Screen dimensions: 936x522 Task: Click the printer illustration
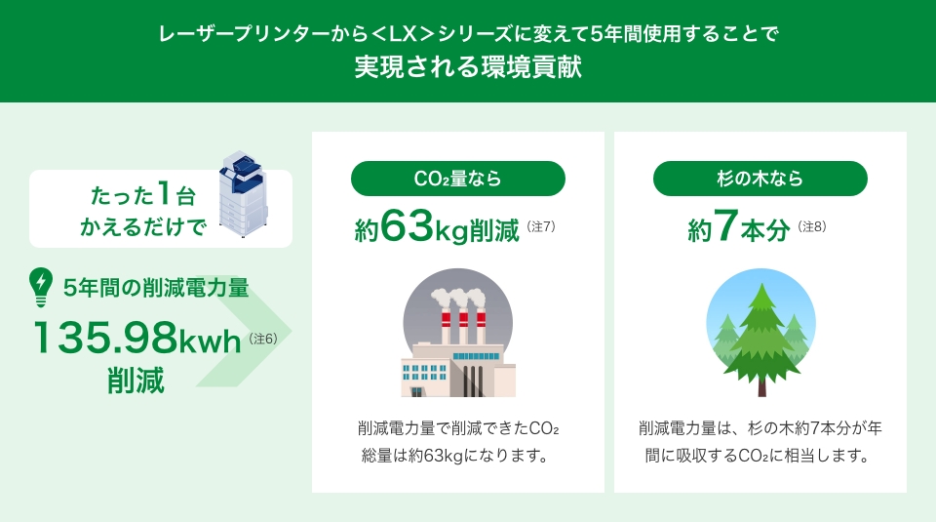click(243, 193)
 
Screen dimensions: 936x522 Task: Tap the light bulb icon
click(41, 287)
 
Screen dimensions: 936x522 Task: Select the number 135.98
click(105, 338)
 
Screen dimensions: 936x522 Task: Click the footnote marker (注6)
click(262, 339)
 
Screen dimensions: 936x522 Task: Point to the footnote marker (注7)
click(541, 226)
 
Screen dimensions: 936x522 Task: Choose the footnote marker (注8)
click(812, 226)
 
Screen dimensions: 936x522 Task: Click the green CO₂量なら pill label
click(458, 179)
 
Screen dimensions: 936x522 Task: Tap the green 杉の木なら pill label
click(760, 179)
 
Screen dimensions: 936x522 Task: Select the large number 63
click(407, 225)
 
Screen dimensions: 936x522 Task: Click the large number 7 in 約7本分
click(725, 225)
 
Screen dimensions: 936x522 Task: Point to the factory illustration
click(458, 333)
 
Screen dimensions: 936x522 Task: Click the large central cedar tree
click(761, 341)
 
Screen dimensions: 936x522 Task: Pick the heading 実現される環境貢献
click(468, 66)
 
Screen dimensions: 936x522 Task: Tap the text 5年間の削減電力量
click(156, 288)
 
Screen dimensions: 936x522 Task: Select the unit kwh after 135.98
click(210, 341)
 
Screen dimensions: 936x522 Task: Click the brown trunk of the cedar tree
click(761, 387)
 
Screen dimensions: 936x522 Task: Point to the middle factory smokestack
click(463, 327)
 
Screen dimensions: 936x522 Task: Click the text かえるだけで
click(143, 227)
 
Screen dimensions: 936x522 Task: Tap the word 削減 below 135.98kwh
click(136, 381)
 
